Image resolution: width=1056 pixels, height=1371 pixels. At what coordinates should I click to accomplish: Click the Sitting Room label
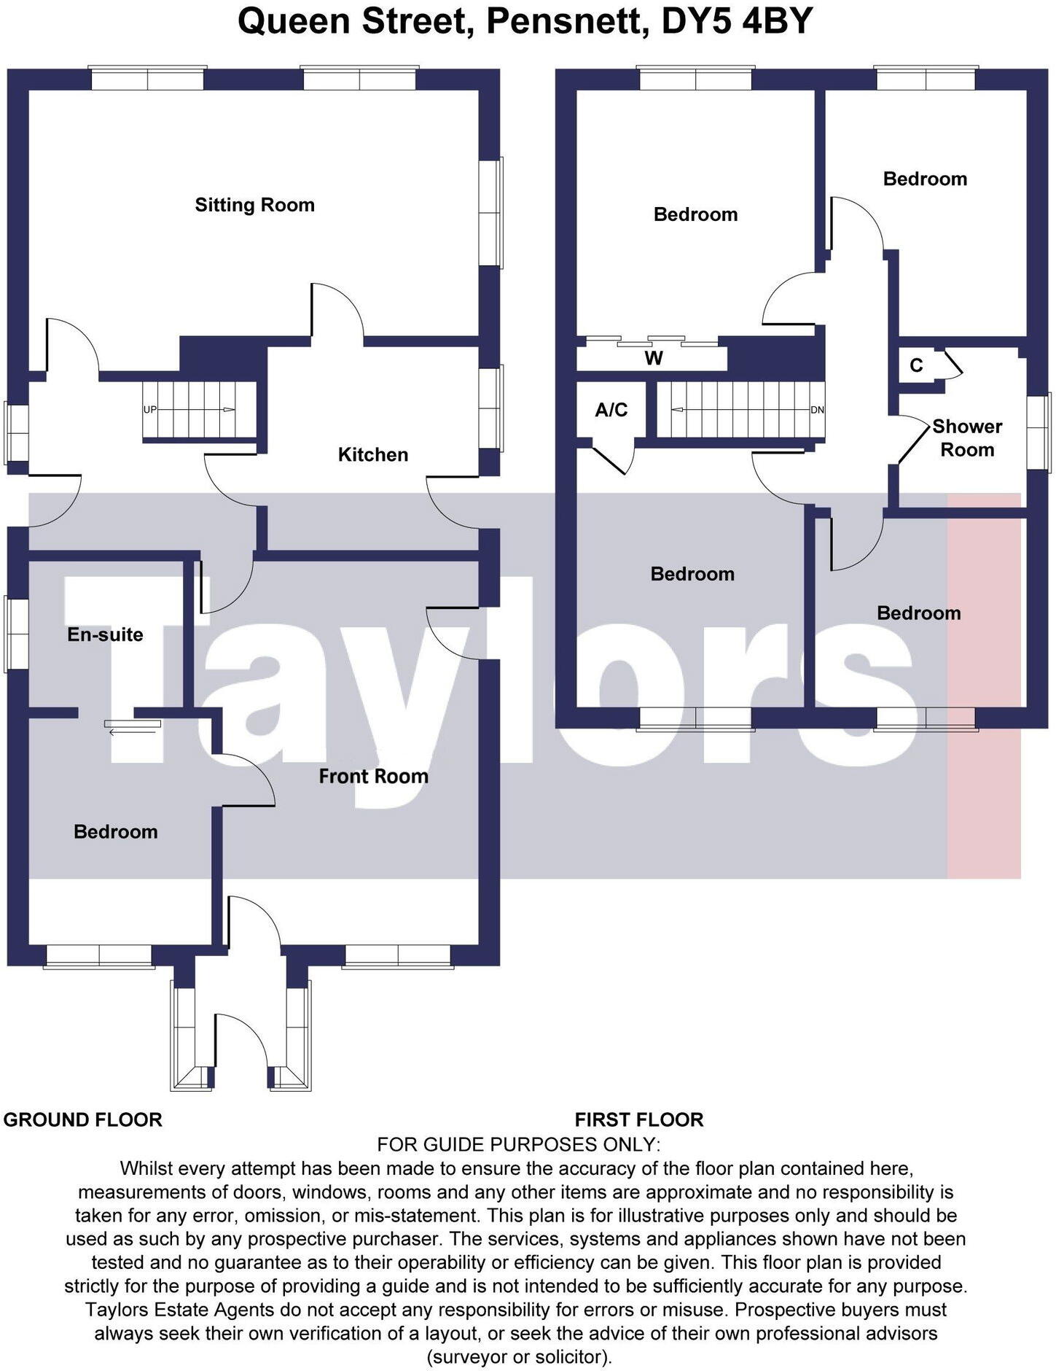[x=254, y=205]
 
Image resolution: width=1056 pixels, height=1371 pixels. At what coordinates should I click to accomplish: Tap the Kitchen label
[x=372, y=455]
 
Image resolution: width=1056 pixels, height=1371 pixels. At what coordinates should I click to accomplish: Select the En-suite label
[x=105, y=634]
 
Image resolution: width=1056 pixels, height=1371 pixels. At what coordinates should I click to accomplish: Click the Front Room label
[x=373, y=776]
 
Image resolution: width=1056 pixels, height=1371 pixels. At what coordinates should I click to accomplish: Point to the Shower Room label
[x=967, y=438]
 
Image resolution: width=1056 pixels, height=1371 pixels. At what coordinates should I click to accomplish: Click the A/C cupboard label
[x=611, y=410]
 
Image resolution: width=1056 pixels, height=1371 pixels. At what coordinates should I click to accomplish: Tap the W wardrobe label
[x=654, y=358]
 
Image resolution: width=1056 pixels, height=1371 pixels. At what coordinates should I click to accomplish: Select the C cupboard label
[x=916, y=365]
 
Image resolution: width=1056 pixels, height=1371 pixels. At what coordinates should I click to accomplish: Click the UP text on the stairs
[x=149, y=410]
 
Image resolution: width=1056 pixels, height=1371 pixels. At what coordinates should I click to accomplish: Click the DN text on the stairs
[x=817, y=410]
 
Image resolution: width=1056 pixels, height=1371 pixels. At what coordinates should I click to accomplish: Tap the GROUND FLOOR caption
[x=82, y=1119]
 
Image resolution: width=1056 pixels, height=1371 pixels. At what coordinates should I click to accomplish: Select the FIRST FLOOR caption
[x=639, y=1119]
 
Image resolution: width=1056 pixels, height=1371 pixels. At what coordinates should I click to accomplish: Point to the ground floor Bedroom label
[x=115, y=832]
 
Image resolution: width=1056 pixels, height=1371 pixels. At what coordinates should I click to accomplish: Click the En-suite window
[x=16, y=634]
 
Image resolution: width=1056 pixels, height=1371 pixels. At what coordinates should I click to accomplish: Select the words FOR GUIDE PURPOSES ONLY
[x=518, y=1143]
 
